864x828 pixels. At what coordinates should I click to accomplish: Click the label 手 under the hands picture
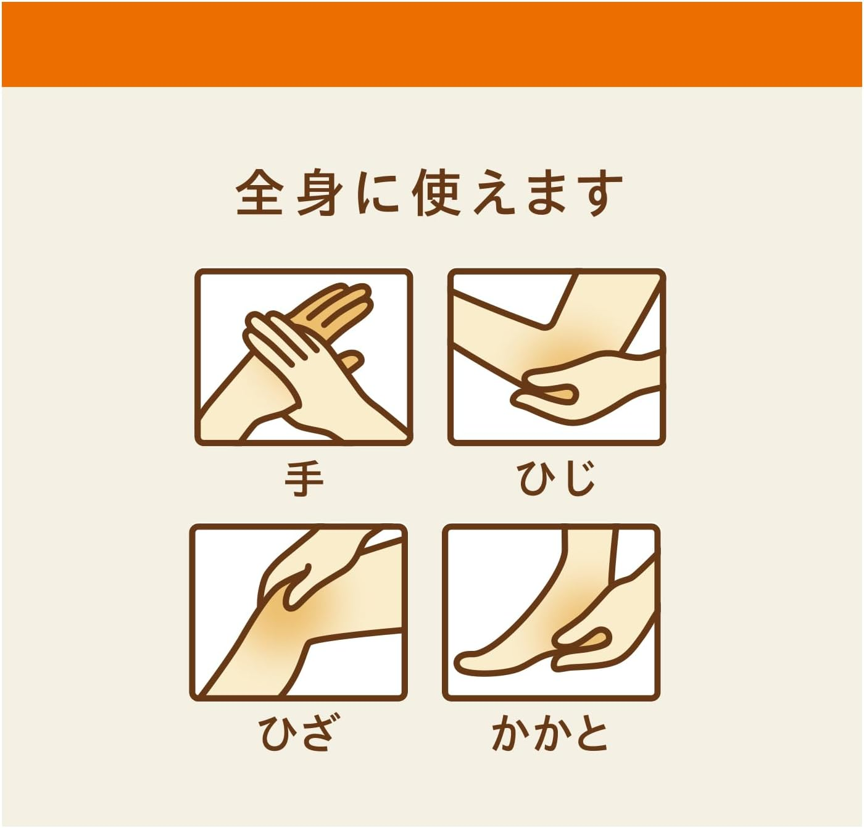tap(304, 479)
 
